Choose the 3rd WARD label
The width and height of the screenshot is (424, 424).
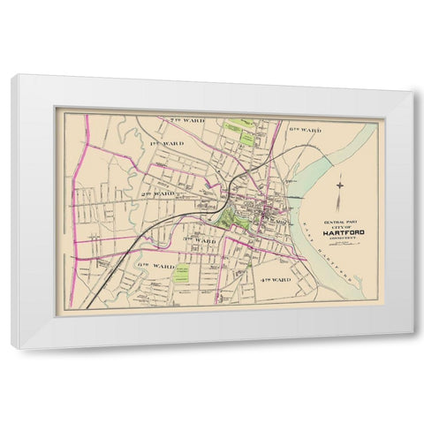pos(200,240)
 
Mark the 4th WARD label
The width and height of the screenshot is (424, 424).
pos(275,279)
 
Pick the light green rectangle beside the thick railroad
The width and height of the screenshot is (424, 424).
pos(183,274)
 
